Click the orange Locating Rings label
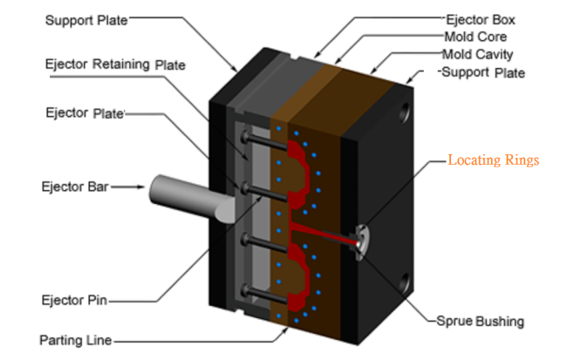coord(494,160)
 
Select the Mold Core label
coord(478,37)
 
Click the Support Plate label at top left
coord(85,19)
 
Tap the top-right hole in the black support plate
coord(405,112)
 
